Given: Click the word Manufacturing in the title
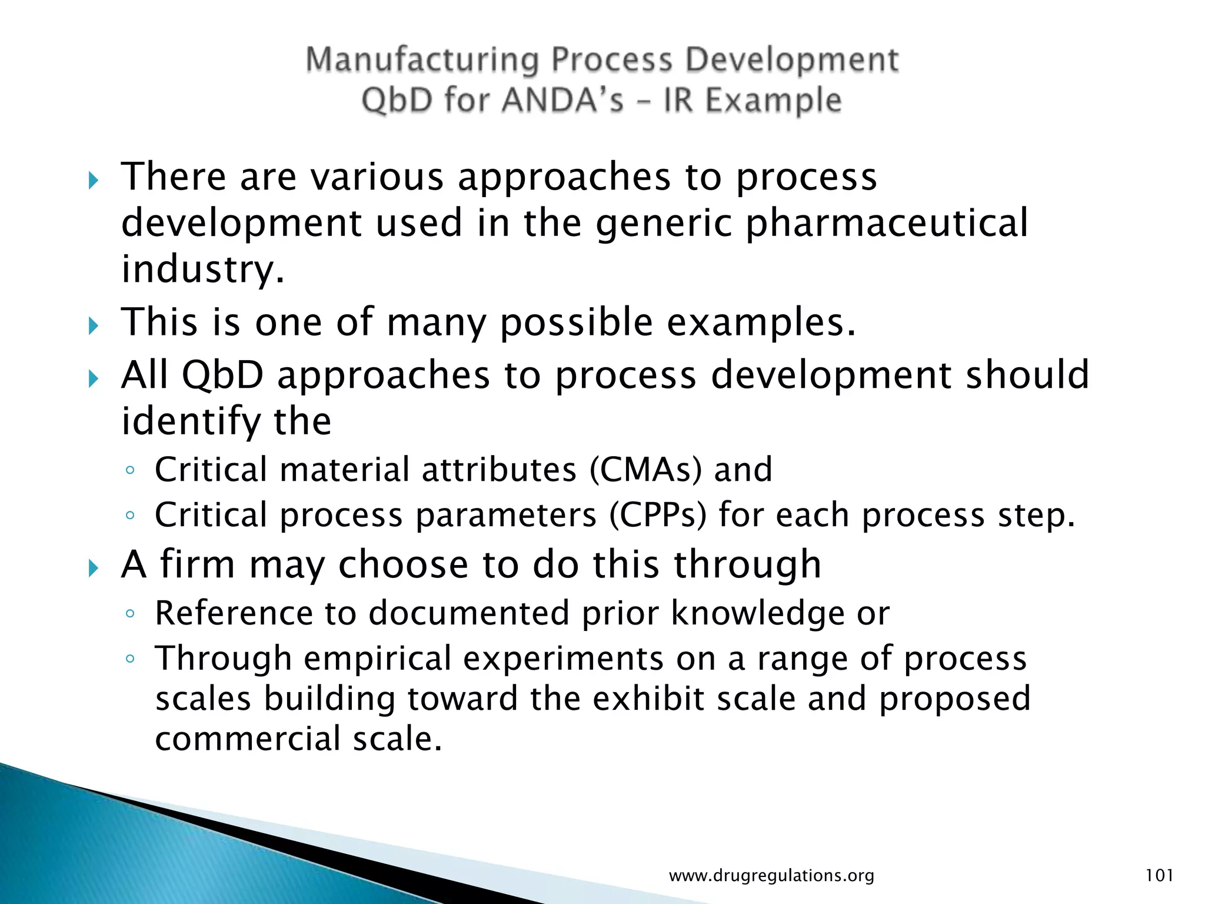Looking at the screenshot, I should (422, 61).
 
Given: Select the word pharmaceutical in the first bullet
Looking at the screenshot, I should (887, 224).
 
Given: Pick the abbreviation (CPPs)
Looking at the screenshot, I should (657, 515).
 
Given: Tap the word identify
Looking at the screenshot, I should (189, 422).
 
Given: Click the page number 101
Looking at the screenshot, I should (1159, 875).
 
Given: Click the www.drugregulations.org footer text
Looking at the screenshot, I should (771, 876).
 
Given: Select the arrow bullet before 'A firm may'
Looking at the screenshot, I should (93, 568).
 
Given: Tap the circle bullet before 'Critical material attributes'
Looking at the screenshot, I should (130, 471).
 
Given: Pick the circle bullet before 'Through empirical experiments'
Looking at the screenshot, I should (130, 659).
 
